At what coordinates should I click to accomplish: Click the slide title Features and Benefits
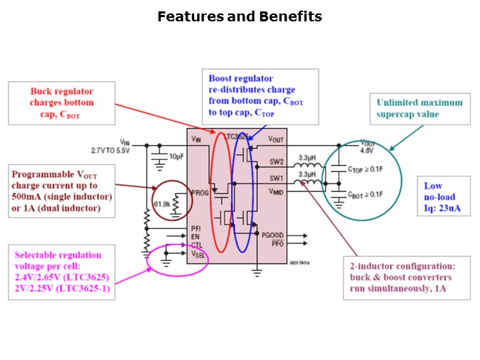point(239,16)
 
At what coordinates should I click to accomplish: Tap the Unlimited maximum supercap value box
point(419,108)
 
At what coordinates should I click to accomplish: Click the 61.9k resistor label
point(162,205)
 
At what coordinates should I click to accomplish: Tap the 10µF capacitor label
point(176,155)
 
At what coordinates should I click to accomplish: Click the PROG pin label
point(200,193)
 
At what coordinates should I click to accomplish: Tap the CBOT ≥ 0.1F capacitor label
point(366,194)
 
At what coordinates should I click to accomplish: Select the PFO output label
point(277,244)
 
